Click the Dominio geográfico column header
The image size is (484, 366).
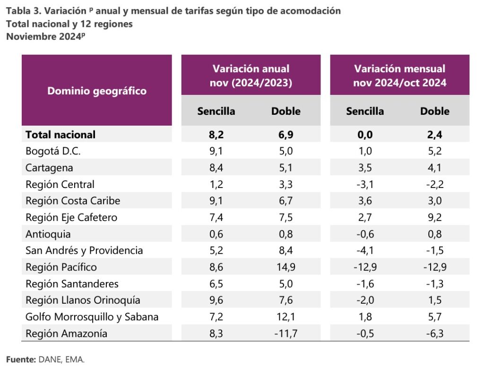tap(97, 91)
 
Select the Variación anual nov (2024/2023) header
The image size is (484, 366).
tap(251, 76)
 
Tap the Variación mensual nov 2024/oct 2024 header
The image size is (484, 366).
tap(399, 76)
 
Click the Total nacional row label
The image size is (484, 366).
tap(60, 135)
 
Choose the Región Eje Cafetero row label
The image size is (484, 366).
tap(71, 217)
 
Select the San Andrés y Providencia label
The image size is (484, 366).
tap(84, 250)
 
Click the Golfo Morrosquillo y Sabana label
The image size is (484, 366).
tap(92, 317)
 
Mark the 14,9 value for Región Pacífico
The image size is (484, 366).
tap(285, 267)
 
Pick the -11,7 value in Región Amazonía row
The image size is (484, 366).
tap(285, 333)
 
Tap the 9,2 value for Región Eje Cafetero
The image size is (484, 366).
tap(435, 217)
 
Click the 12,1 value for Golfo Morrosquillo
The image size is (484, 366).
tap(285, 317)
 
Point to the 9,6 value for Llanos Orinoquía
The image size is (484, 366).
tap(216, 300)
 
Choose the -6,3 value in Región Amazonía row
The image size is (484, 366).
tap(435, 333)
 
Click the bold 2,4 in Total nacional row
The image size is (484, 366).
tap(435, 135)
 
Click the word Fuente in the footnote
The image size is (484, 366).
tap(21, 359)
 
